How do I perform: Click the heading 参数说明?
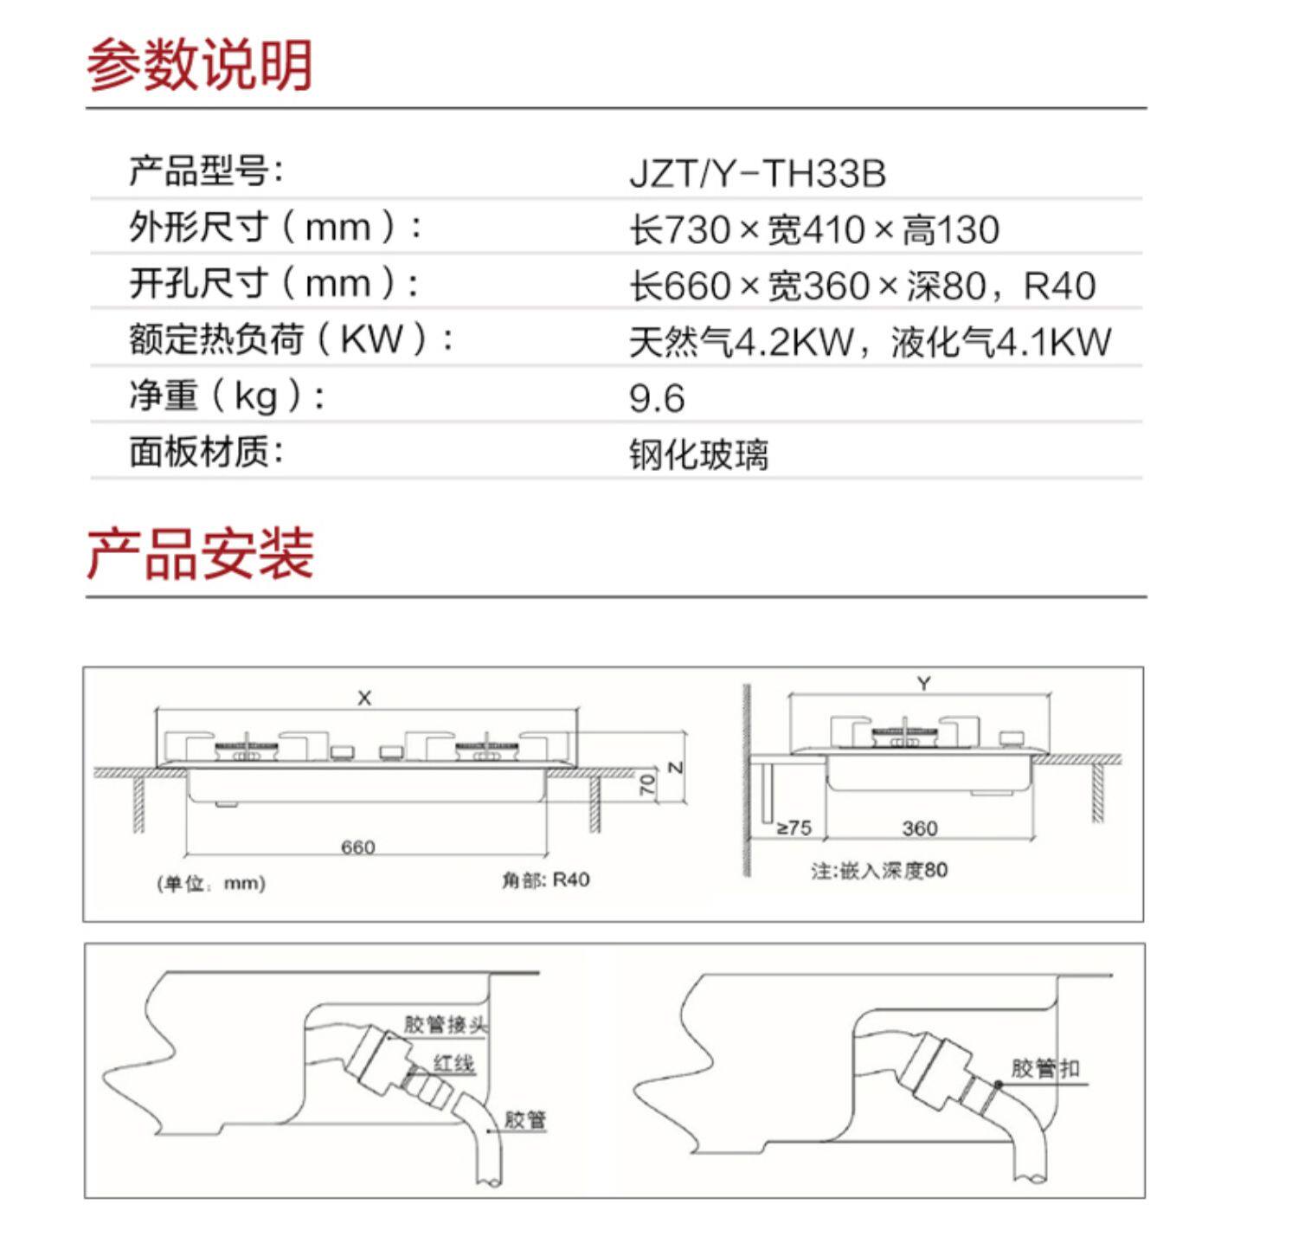[x=199, y=64]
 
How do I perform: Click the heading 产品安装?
[x=199, y=553]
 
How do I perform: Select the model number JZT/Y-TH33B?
[x=757, y=173]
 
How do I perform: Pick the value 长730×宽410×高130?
[x=813, y=229]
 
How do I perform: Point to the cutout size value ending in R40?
[x=862, y=286]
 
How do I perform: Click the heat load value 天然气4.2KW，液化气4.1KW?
[x=869, y=342]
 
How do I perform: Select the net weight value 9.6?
[x=657, y=398]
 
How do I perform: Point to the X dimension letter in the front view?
[x=364, y=698]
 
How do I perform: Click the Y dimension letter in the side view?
[x=923, y=684]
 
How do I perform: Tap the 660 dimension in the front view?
[x=357, y=847]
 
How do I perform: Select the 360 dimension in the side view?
[x=919, y=828]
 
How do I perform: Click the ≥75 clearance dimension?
[x=794, y=828]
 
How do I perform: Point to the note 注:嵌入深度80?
[x=878, y=870]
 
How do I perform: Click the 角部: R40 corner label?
[x=545, y=880]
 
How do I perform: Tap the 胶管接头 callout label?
[x=445, y=1025]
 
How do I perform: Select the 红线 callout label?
[x=453, y=1063]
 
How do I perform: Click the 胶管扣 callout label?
[x=1045, y=1068]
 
